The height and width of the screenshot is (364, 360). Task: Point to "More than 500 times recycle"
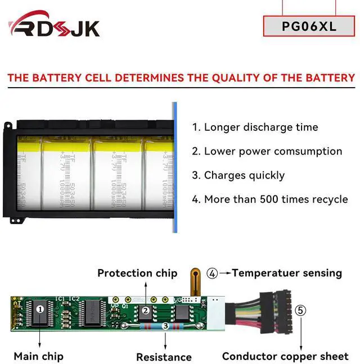(x=269, y=199)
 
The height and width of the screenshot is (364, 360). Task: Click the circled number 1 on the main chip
(x=40, y=309)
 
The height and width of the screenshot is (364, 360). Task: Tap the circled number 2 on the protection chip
(x=146, y=310)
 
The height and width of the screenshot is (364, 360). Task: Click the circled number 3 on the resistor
(x=165, y=325)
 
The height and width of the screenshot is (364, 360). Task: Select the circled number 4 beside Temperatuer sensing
(x=212, y=273)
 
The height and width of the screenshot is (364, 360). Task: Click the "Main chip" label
(x=38, y=356)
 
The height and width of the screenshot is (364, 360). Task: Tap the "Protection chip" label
(x=137, y=273)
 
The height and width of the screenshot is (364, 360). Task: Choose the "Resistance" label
(x=164, y=357)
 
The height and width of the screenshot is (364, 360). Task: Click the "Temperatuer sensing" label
(x=287, y=273)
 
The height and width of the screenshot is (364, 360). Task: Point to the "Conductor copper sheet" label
(x=285, y=356)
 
